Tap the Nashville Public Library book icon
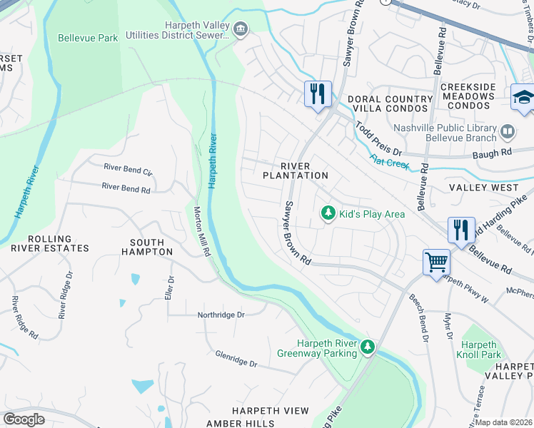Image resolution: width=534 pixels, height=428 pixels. pyautogui.click(x=508, y=131)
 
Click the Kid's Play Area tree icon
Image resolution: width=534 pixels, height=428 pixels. pyautogui.click(x=328, y=213)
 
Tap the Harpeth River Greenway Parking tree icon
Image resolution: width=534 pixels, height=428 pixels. pyautogui.click(x=368, y=347)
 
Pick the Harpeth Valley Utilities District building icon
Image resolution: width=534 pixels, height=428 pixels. pyautogui.click(x=241, y=29)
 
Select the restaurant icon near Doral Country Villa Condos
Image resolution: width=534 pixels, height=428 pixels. pyautogui.click(x=317, y=93)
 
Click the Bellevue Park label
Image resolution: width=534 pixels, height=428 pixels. pyautogui.click(x=88, y=38)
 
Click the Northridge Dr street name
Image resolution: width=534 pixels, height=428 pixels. pyautogui.click(x=221, y=315)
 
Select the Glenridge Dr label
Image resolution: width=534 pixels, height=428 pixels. pyautogui.click(x=236, y=359)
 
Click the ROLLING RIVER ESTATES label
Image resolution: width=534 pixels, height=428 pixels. pyautogui.click(x=49, y=243)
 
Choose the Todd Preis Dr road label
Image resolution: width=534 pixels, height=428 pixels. pyautogui.click(x=379, y=139)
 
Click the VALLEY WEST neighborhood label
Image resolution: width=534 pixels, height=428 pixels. pyautogui.click(x=483, y=188)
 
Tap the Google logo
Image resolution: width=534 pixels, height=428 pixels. pyautogui.click(x=24, y=419)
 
